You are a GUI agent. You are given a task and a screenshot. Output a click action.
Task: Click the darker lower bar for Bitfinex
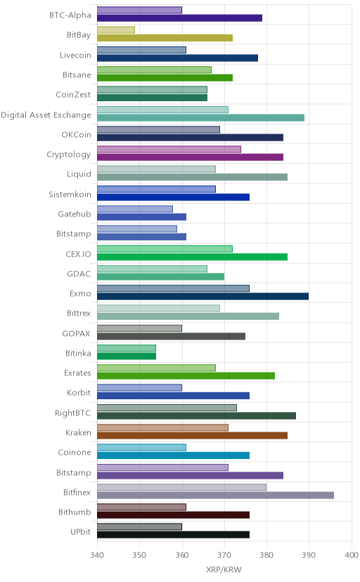point(216,495)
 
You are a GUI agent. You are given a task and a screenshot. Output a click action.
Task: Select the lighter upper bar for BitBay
point(116,30)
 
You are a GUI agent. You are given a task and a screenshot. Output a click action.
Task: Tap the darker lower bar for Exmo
point(203,296)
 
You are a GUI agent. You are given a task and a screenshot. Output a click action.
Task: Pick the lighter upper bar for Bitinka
point(127,348)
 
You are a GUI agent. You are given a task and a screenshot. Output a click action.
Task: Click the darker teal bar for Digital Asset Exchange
point(201,117)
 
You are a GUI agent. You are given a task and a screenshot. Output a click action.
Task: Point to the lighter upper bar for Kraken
point(163,427)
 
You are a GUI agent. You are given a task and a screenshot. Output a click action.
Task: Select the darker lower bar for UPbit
point(173,535)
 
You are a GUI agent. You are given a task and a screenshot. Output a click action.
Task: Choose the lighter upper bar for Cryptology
point(169,149)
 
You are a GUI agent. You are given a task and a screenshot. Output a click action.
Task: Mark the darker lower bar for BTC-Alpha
point(179,18)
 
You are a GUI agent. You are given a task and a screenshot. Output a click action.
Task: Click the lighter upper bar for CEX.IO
point(165,249)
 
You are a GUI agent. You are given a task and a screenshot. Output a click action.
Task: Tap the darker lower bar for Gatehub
point(142,216)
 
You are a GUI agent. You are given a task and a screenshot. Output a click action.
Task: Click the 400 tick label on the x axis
point(351,555)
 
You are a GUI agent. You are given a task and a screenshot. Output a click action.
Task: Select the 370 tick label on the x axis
point(224,555)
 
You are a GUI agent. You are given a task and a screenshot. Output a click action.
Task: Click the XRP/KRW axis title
point(224,569)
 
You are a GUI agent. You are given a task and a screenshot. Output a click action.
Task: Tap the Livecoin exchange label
point(75,55)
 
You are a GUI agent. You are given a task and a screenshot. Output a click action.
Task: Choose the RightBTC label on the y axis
point(72,413)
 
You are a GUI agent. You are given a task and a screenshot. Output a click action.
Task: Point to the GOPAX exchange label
point(76,333)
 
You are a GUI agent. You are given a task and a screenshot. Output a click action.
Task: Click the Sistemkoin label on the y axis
point(70,194)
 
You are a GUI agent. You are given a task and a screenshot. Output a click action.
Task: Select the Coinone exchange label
point(75,452)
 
